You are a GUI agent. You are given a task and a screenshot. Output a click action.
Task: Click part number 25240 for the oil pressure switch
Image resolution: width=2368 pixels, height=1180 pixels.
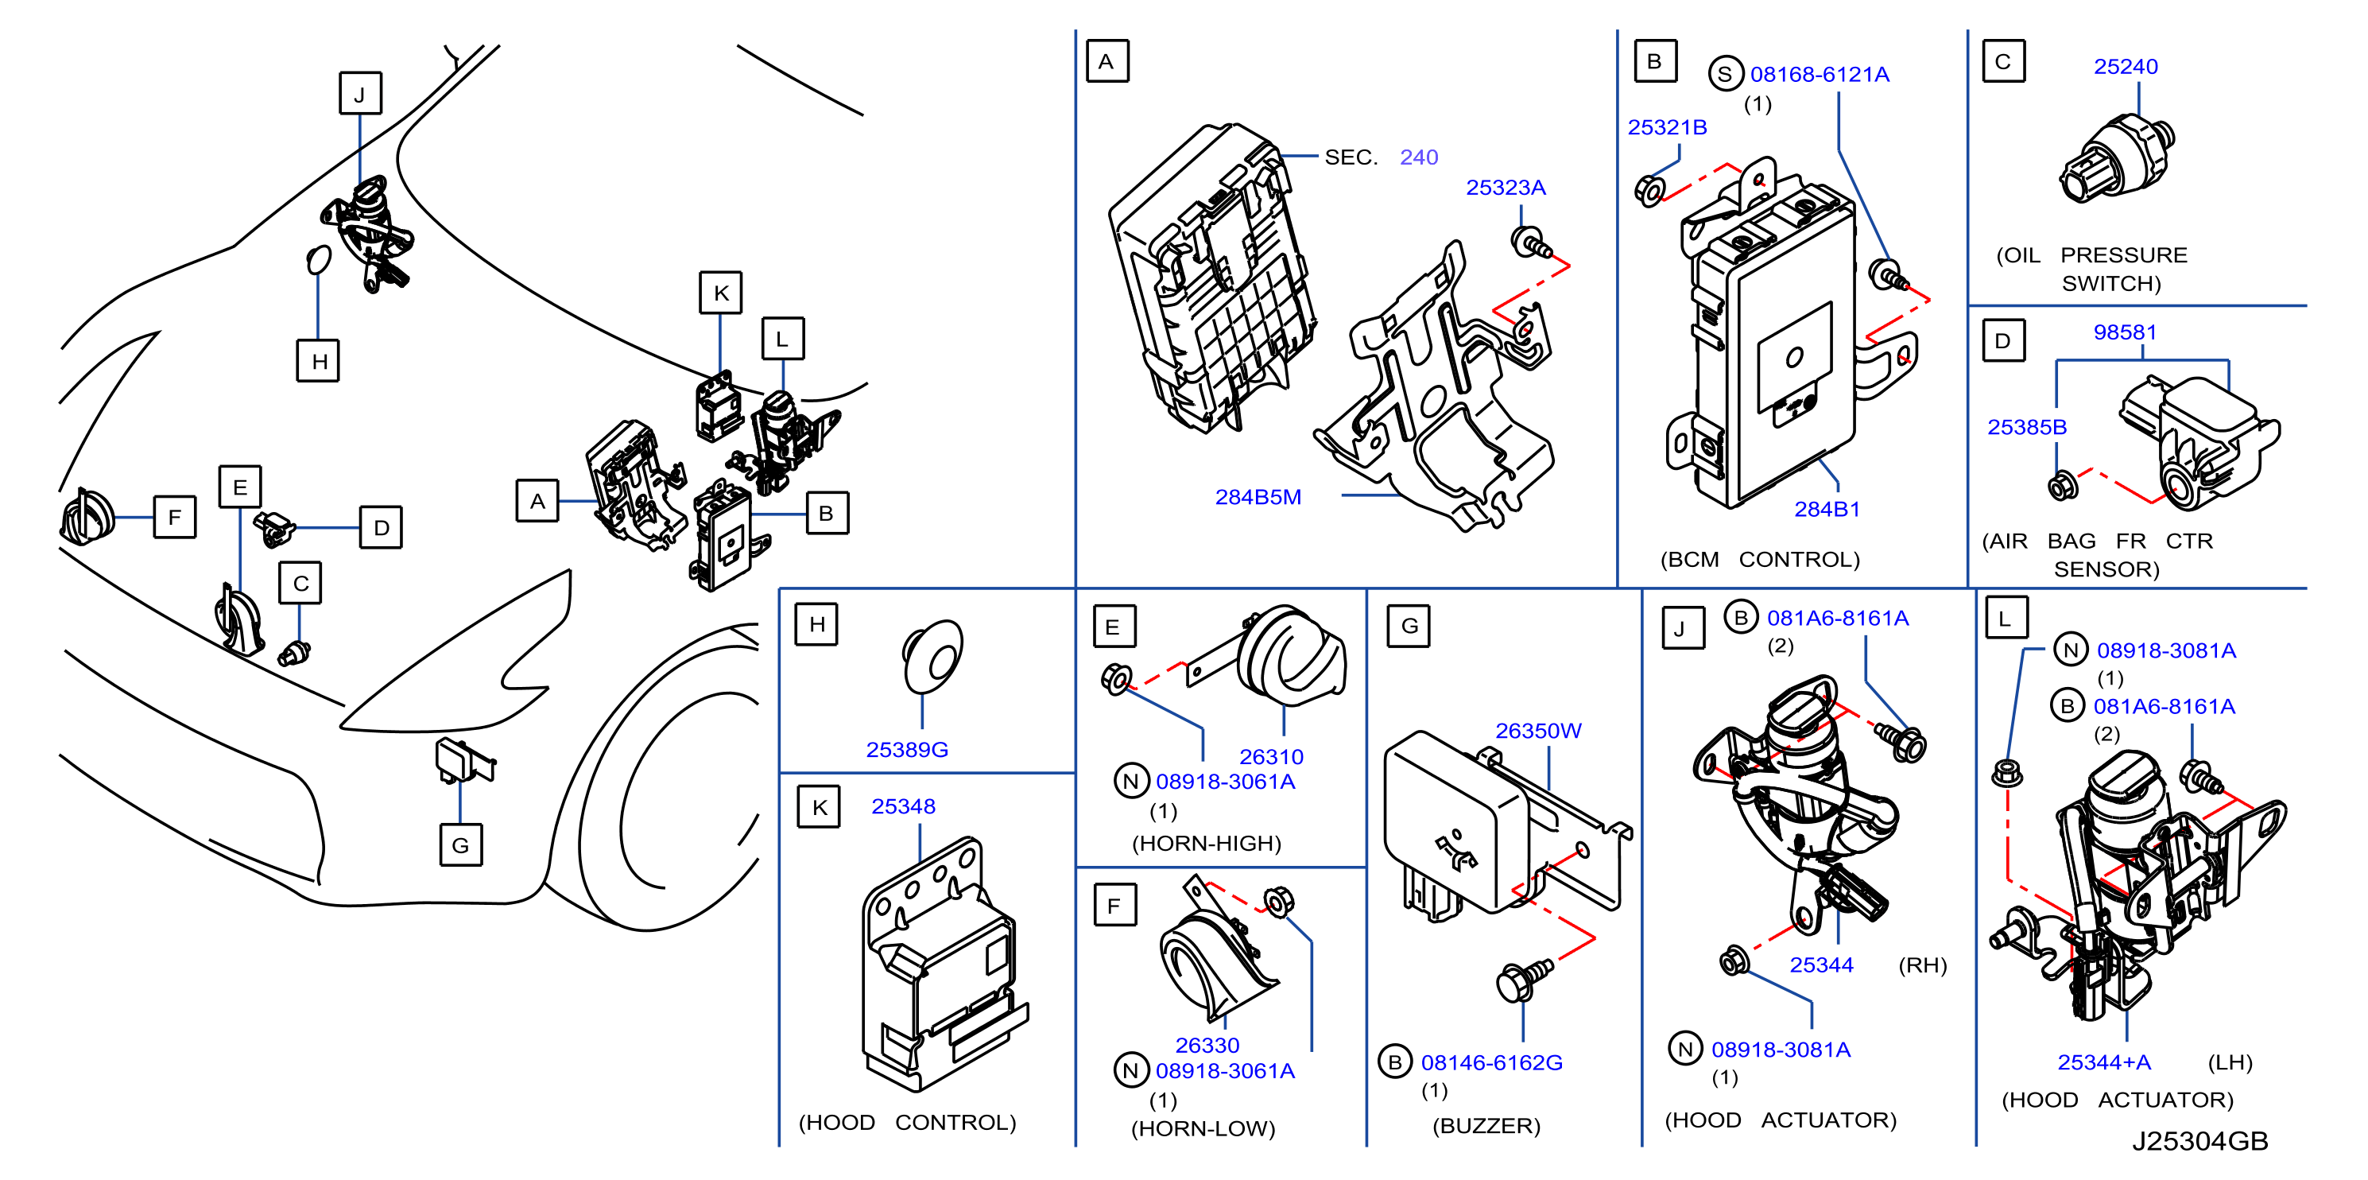(x=2126, y=67)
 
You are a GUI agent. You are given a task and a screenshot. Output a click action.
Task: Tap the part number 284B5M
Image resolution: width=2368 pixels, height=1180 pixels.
(x=1258, y=498)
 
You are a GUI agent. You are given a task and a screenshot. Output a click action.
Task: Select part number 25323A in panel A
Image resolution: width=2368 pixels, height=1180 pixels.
(x=1505, y=188)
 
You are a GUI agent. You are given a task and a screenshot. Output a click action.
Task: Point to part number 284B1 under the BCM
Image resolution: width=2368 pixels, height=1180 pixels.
(x=1827, y=510)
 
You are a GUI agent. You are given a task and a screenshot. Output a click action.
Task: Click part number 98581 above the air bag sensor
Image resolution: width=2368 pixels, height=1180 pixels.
(x=2125, y=332)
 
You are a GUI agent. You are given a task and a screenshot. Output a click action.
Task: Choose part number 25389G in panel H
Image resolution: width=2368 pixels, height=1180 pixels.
(x=906, y=750)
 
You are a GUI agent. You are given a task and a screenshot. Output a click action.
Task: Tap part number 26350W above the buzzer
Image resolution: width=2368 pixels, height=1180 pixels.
(x=1538, y=732)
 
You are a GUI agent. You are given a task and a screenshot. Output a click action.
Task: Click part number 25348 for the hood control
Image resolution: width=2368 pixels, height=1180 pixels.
(x=903, y=806)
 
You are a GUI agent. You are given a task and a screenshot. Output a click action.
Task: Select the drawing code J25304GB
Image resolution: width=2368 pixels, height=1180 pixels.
(x=2199, y=1141)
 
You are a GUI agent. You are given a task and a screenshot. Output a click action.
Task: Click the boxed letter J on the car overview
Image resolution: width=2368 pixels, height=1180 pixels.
(x=360, y=94)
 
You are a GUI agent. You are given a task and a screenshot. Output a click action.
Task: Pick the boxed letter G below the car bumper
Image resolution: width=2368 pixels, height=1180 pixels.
(x=460, y=845)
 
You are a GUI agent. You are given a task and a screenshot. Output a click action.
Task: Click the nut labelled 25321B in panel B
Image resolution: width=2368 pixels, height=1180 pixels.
(x=1650, y=190)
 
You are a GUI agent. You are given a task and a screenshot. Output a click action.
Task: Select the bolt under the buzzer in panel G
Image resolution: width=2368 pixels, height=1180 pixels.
(x=1524, y=979)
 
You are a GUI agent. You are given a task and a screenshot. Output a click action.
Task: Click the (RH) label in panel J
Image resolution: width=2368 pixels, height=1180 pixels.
(x=1922, y=965)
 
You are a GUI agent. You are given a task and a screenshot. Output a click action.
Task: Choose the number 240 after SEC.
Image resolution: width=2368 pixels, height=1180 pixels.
(x=1418, y=157)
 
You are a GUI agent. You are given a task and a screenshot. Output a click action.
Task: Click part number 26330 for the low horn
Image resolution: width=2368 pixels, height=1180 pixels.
(x=1207, y=1046)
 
